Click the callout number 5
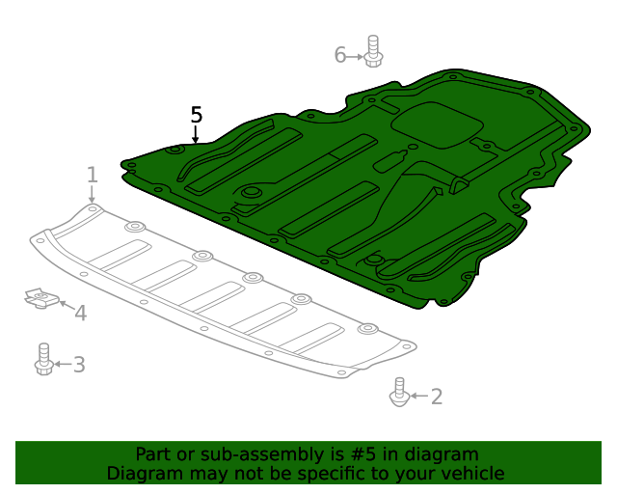[197, 115]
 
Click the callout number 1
[93, 175]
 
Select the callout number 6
[340, 55]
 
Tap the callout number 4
[80, 313]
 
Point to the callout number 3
[79, 365]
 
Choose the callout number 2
[436, 396]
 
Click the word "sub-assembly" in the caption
[225, 454]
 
